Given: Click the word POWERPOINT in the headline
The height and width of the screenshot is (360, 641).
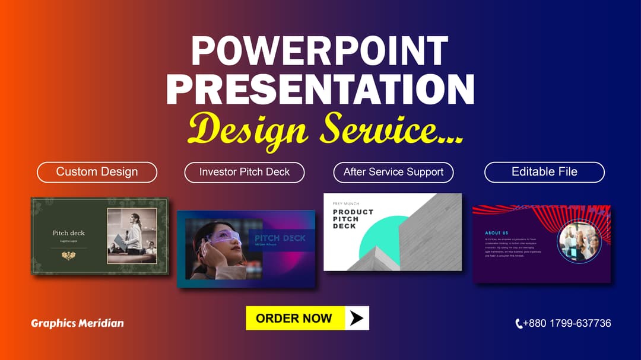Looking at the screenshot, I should point(319,51).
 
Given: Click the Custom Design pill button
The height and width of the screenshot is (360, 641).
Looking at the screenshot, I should point(97,172).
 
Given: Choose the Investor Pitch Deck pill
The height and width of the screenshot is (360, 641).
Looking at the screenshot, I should point(245,172).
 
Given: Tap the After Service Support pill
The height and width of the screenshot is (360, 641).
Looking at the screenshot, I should point(394,172).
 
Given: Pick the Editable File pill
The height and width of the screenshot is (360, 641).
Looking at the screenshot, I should point(544,172).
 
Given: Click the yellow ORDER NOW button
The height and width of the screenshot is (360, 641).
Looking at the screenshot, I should point(294,318).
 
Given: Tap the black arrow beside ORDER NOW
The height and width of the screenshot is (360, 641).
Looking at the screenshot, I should point(356,318).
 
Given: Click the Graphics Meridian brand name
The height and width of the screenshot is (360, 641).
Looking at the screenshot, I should point(78,323).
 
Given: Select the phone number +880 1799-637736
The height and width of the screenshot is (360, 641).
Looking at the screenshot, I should point(567,323).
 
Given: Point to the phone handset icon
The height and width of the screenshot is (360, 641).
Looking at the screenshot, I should point(519,324).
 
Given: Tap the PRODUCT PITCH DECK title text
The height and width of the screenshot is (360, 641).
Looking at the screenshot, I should point(353,218).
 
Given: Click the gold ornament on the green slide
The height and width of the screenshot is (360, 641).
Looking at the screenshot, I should point(68,255).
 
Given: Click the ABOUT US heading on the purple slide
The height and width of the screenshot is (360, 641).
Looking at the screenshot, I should point(496,233).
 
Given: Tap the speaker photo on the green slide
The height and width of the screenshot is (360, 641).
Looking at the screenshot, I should point(132,235).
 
